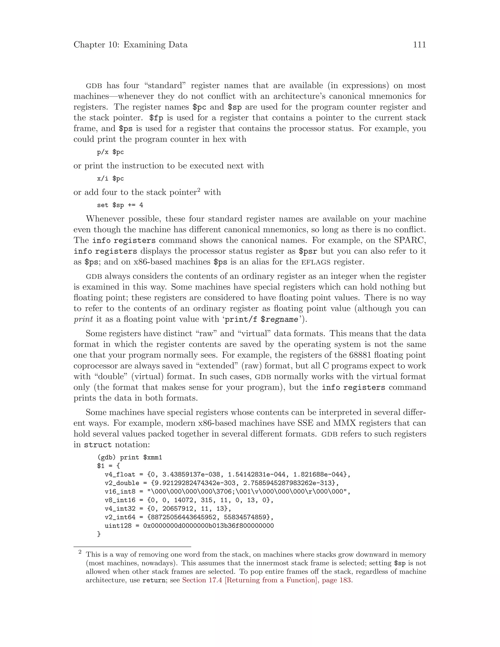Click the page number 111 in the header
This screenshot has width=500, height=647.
(x=419, y=45)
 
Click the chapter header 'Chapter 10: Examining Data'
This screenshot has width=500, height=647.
(x=130, y=45)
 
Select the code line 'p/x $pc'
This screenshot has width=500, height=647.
(x=110, y=152)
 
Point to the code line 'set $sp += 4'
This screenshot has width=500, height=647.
(x=120, y=205)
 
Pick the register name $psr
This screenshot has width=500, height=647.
(x=308, y=251)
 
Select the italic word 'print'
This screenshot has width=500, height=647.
(x=83, y=319)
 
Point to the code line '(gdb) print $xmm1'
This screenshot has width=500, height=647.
(x=129, y=457)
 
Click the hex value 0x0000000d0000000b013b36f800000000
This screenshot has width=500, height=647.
(x=208, y=526)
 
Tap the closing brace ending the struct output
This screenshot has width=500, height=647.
(x=99, y=534)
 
